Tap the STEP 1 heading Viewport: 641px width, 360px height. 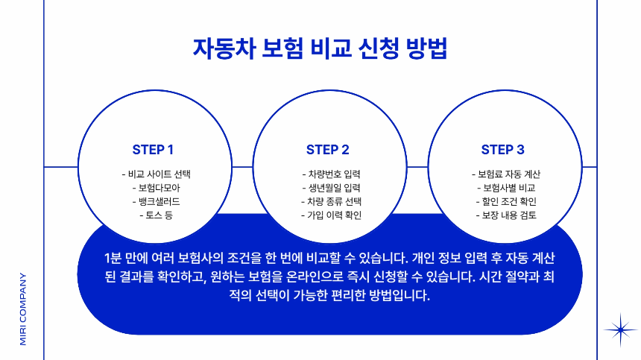pyautogui.click(x=153, y=149)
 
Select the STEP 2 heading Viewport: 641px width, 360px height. pyautogui.click(x=328, y=149)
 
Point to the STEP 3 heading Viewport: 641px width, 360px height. pyautogui.click(x=502, y=149)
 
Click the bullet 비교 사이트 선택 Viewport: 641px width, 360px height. pyautogui.click(x=156, y=174)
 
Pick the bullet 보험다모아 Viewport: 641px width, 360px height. pyautogui.click(x=156, y=187)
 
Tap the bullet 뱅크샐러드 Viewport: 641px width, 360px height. pyautogui.click(x=156, y=201)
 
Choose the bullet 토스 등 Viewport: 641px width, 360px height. pyautogui.click(x=156, y=215)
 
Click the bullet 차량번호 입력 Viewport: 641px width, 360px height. pyautogui.click(x=331, y=174)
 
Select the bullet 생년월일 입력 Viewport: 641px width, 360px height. pyautogui.click(x=331, y=187)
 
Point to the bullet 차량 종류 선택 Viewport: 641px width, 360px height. pyautogui.click(x=331, y=201)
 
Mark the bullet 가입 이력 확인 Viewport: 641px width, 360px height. pyautogui.click(x=331, y=215)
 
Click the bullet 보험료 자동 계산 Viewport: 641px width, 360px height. pyautogui.click(x=505, y=174)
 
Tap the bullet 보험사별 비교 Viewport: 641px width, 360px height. pyautogui.click(x=505, y=187)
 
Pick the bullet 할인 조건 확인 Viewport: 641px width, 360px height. pyautogui.click(x=505, y=201)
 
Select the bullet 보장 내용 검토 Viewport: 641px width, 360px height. pyautogui.click(x=505, y=215)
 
